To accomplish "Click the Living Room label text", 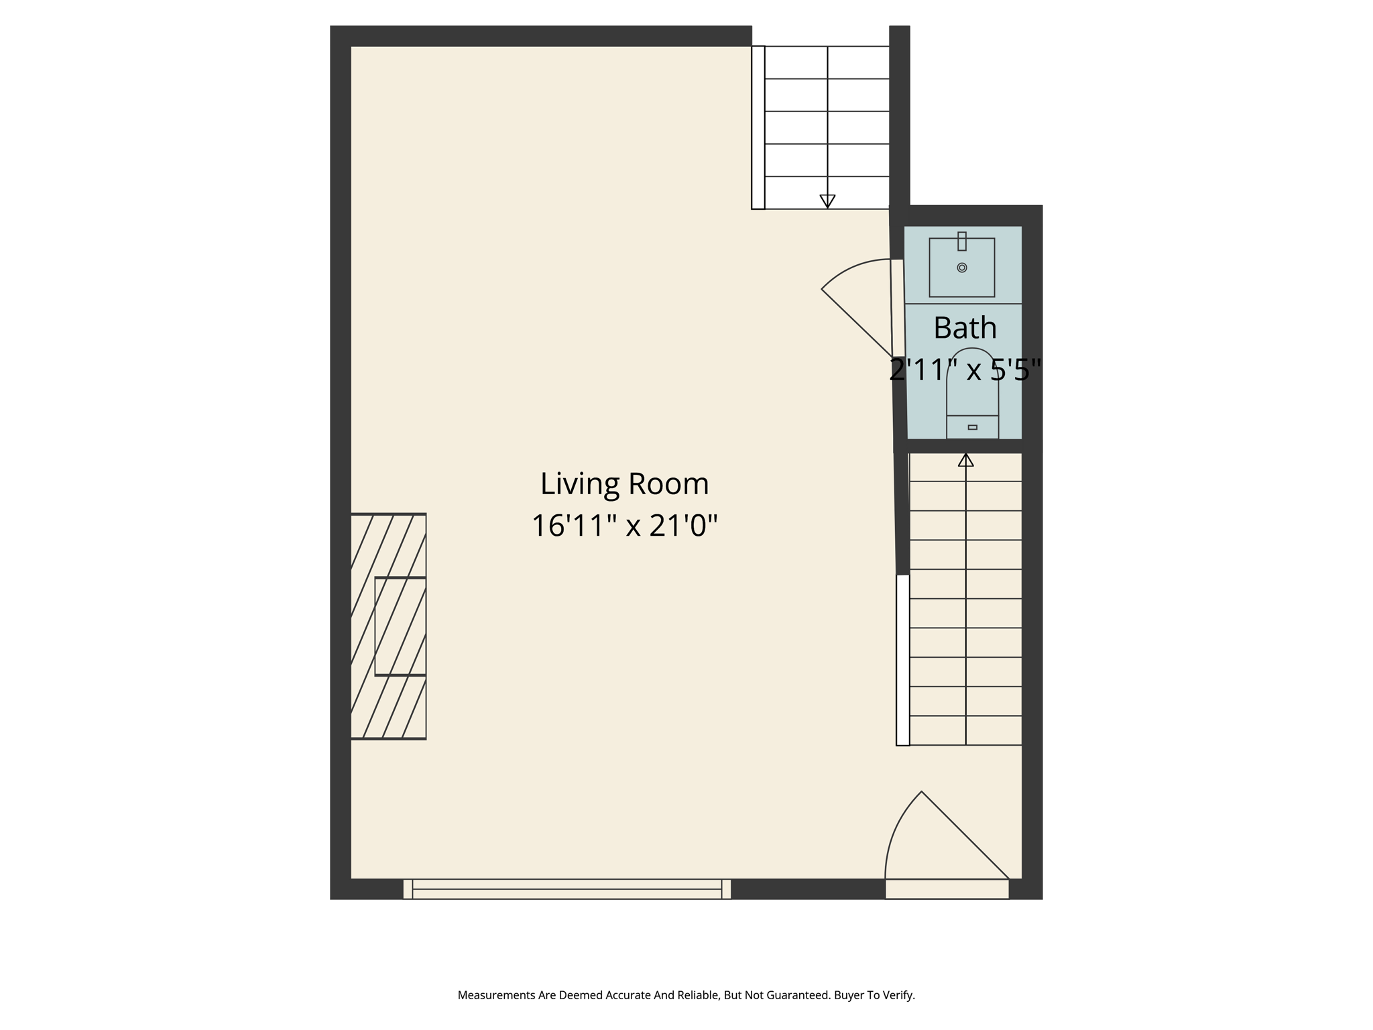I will pyautogui.click(x=624, y=484).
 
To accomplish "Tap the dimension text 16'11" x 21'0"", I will pyautogui.click(x=624, y=526).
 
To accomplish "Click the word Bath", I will pyautogui.click(x=965, y=328).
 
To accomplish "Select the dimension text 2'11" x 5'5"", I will pyautogui.click(x=965, y=369).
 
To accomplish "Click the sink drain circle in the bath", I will pyautogui.click(x=962, y=268).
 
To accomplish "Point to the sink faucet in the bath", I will pyautogui.click(x=962, y=241).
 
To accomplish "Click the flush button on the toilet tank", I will pyautogui.click(x=973, y=427).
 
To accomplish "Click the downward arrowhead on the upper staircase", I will pyautogui.click(x=827, y=201).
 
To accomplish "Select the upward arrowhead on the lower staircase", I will pyautogui.click(x=965, y=460).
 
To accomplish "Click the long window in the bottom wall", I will pyautogui.click(x=566, y=889).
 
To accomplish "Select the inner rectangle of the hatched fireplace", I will pyautogui.click(x=400, y=626).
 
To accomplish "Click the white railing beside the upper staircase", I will pyautogui.click(x=758, y=127).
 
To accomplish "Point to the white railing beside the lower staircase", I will pyautogui.click(x=903, y=660).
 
